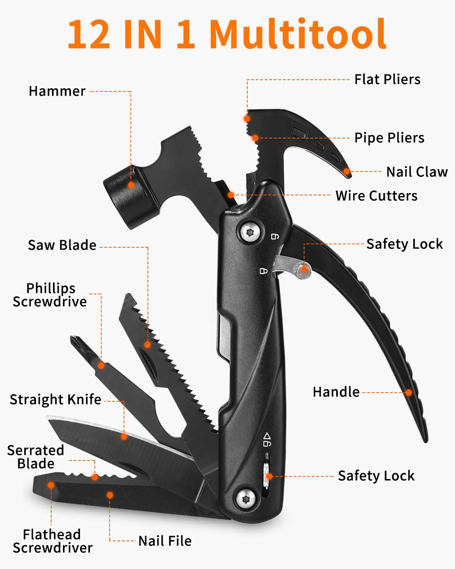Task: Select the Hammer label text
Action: [57, 91]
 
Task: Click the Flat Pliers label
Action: [387, 80]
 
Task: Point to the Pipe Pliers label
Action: [389, 138]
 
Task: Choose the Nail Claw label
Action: [417, 172]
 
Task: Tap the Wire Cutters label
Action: [376, 196]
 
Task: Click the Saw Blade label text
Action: [62, 245]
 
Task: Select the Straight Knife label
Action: [55, 399]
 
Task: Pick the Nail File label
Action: [165, 541]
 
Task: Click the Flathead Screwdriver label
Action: [52, 541]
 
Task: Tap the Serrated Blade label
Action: [36, 457]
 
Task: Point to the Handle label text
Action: [336, 392]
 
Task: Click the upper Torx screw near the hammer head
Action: [250, 232]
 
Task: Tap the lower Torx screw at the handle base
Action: [244, 498]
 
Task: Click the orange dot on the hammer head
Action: [131, 185]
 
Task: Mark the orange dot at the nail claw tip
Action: [347, 171]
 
